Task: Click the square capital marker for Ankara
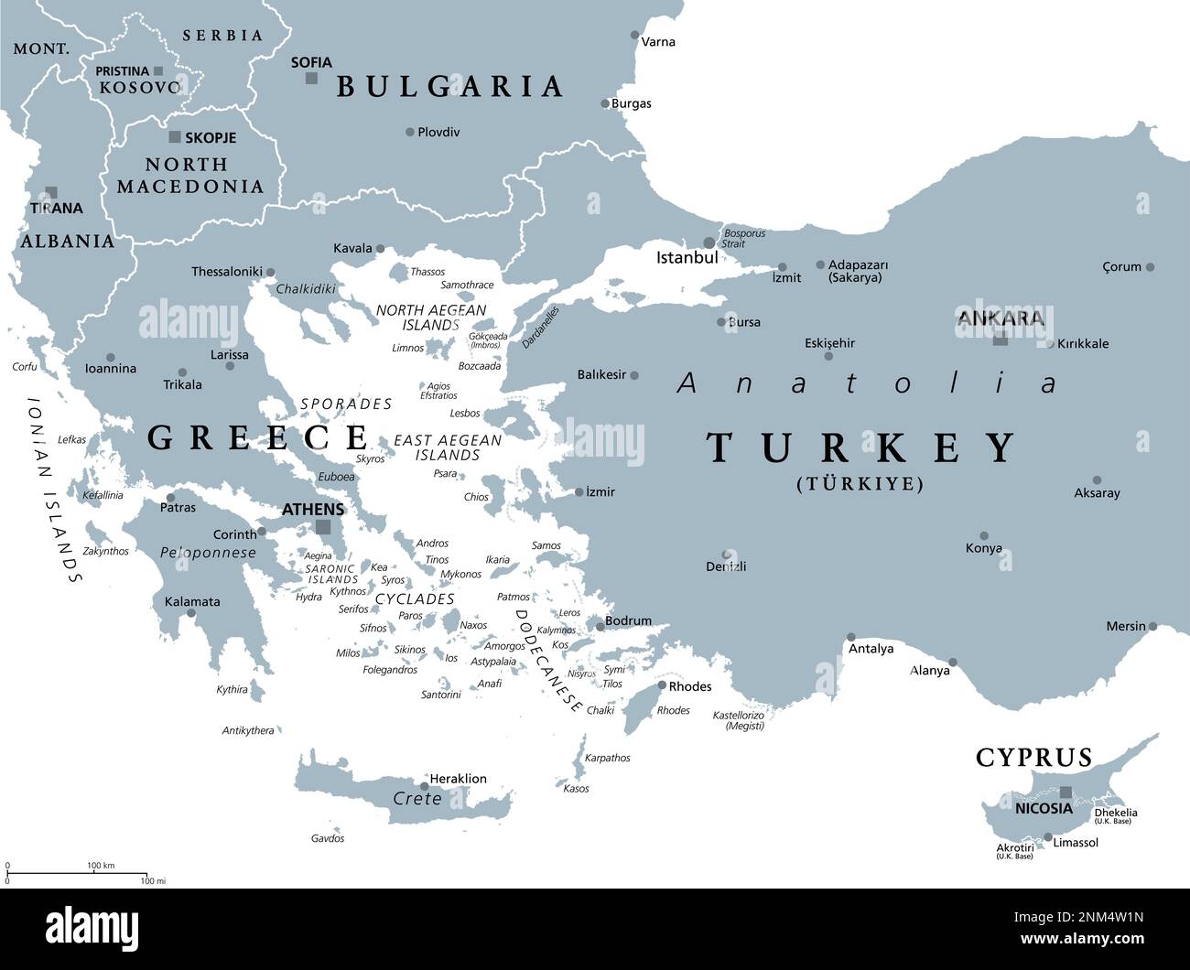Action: point(1001,339)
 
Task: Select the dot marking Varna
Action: point(635,36)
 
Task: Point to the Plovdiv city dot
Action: point(410,132)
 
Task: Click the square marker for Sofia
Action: point(311,79)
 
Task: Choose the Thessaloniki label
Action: point(226,272)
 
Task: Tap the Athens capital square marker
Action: point(322,527)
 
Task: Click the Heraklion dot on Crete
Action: point(425,786)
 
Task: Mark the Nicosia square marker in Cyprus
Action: point(1066,792)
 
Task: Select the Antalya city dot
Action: point(851,637)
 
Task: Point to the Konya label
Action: point(983,548)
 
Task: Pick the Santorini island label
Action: point(440,695)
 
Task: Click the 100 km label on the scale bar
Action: point(101,865)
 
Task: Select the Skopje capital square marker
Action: point(174,137)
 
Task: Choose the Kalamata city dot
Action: point(190,613)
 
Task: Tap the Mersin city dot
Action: point(1153,627)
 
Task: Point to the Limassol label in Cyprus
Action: point(1076,842)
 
